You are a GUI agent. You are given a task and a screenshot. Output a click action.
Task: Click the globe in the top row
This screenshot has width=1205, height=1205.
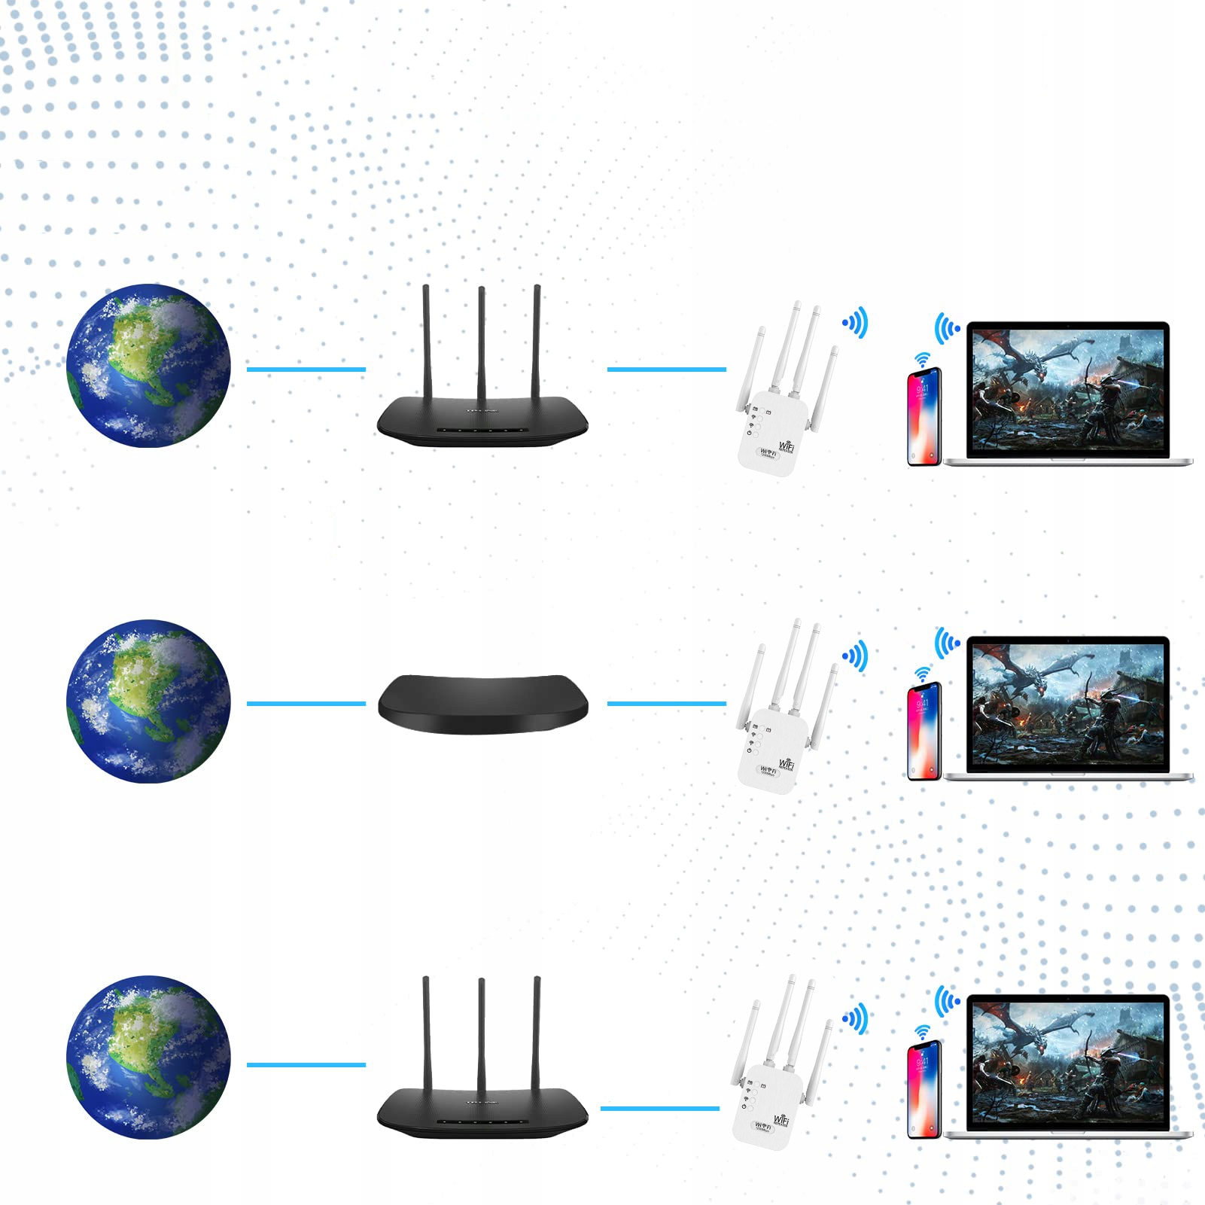click(x=148, y=366)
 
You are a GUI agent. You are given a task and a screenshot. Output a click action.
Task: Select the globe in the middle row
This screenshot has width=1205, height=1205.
click(x=148, y=701)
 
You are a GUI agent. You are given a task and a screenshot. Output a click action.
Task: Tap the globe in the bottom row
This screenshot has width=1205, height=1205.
click(x=148, y=1057)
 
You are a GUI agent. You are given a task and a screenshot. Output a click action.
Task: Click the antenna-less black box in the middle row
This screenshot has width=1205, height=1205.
click(x=482, y=704)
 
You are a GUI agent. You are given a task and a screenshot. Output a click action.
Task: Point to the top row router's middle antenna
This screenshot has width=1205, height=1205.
click(x=482, y=346)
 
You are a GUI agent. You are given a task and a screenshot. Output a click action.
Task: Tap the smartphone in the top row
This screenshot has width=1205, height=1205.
click(x=924, y=416)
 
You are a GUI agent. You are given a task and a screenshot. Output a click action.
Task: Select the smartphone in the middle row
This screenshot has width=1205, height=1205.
click(x=924, y=731)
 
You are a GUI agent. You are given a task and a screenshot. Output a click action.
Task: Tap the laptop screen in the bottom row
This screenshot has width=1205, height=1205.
click(x=1068, y=1062)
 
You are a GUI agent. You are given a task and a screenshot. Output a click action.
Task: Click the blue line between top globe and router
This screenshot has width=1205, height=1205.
click(x=306, y=370)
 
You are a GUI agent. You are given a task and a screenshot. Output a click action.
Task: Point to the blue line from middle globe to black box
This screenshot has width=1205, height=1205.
click(x=306, y=704)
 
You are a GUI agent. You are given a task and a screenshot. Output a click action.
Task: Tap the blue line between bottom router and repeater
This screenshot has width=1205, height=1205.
click(x=659, y=1109)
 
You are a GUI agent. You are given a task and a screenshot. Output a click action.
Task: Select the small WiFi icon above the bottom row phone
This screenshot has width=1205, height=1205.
click(x=922, y=1033)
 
